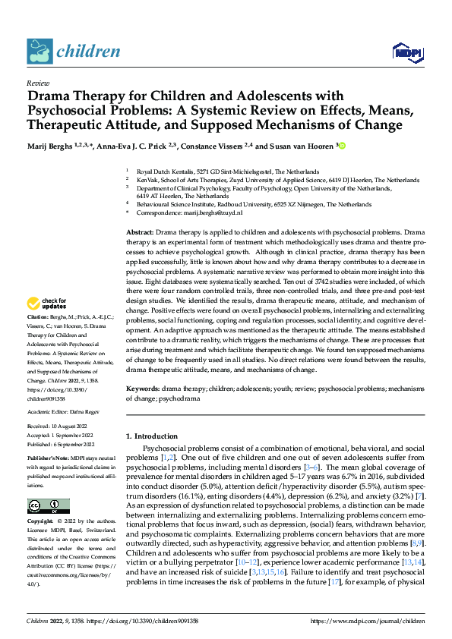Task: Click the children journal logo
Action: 74,52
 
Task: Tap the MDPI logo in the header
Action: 406,51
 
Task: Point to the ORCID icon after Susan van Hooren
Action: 343,145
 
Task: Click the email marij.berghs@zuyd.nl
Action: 207,213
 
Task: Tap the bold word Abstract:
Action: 140,231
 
